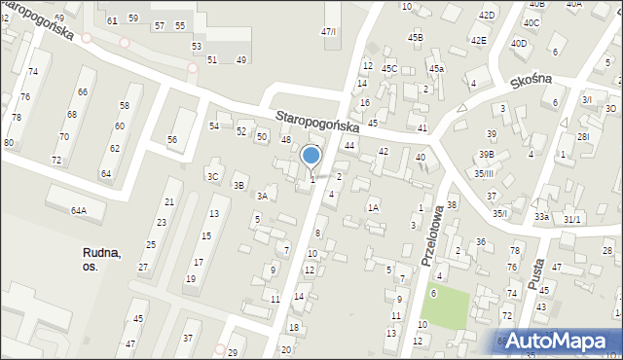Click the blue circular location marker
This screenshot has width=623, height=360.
[311, 156]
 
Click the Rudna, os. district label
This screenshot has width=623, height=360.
[102, 259]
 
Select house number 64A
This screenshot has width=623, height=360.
[78, 210]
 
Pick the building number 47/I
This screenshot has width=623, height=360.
[329, 32]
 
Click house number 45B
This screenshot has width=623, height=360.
[416, 38]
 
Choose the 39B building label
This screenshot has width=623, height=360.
[486, 155]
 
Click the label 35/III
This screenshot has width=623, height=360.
[485, 173]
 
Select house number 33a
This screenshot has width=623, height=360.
[541, 217]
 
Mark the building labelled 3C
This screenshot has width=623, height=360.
[212, 176]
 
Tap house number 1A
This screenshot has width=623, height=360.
[373, 207]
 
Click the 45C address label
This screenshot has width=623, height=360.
[389, 69]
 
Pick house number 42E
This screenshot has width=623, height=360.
[478, 40]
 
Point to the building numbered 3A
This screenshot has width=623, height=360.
[262, 196]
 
